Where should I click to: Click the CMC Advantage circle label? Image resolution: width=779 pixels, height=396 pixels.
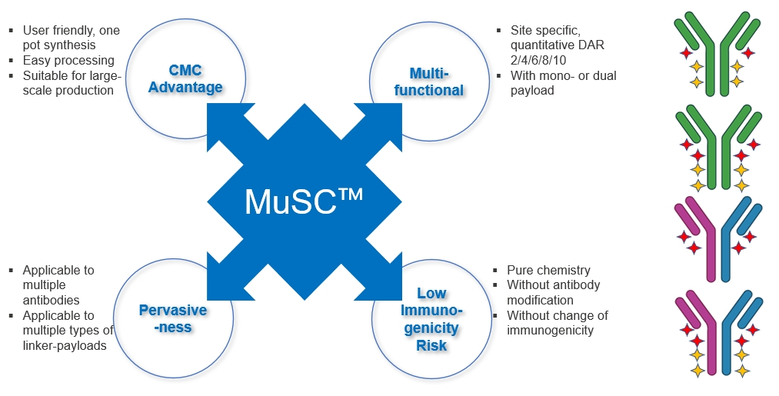pyautogui.click(x=185, y=78)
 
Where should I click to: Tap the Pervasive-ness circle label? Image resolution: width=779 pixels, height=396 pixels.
pyautogui.click(x=173, y=318)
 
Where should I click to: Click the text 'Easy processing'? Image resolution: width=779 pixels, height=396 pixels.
pyautogui.click(x=68, y=60)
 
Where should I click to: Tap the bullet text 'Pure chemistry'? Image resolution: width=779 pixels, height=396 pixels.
pyautogui.click(x=548, y=270)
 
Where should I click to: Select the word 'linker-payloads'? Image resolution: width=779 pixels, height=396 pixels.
pyautogui.click(x=65, y=345)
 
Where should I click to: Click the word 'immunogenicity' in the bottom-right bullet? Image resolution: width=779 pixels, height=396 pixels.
pyautogui.click(x=550, y=330)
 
